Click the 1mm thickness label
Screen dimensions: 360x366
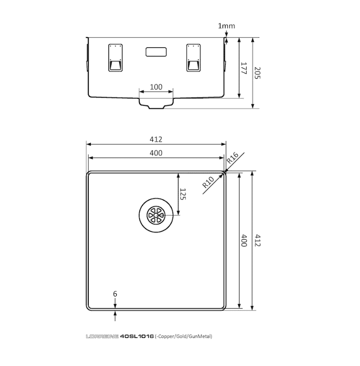[x=226, y=26]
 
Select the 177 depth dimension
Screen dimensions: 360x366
[x=243, y=68]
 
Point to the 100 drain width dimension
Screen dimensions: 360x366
[x=156, y=87]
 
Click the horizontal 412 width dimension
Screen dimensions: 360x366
[x=156, y=139]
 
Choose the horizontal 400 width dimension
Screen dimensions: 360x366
[x=156, y=153]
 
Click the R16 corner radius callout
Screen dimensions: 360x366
[x=233, y=158]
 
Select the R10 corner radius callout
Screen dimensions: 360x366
[x=208, y=182]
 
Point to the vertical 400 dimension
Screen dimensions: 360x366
[x=243, y=241]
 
